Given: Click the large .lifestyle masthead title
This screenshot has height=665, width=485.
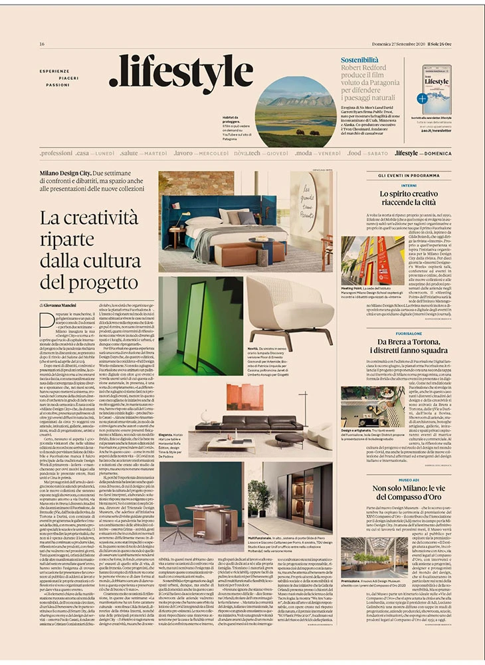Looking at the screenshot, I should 181,75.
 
